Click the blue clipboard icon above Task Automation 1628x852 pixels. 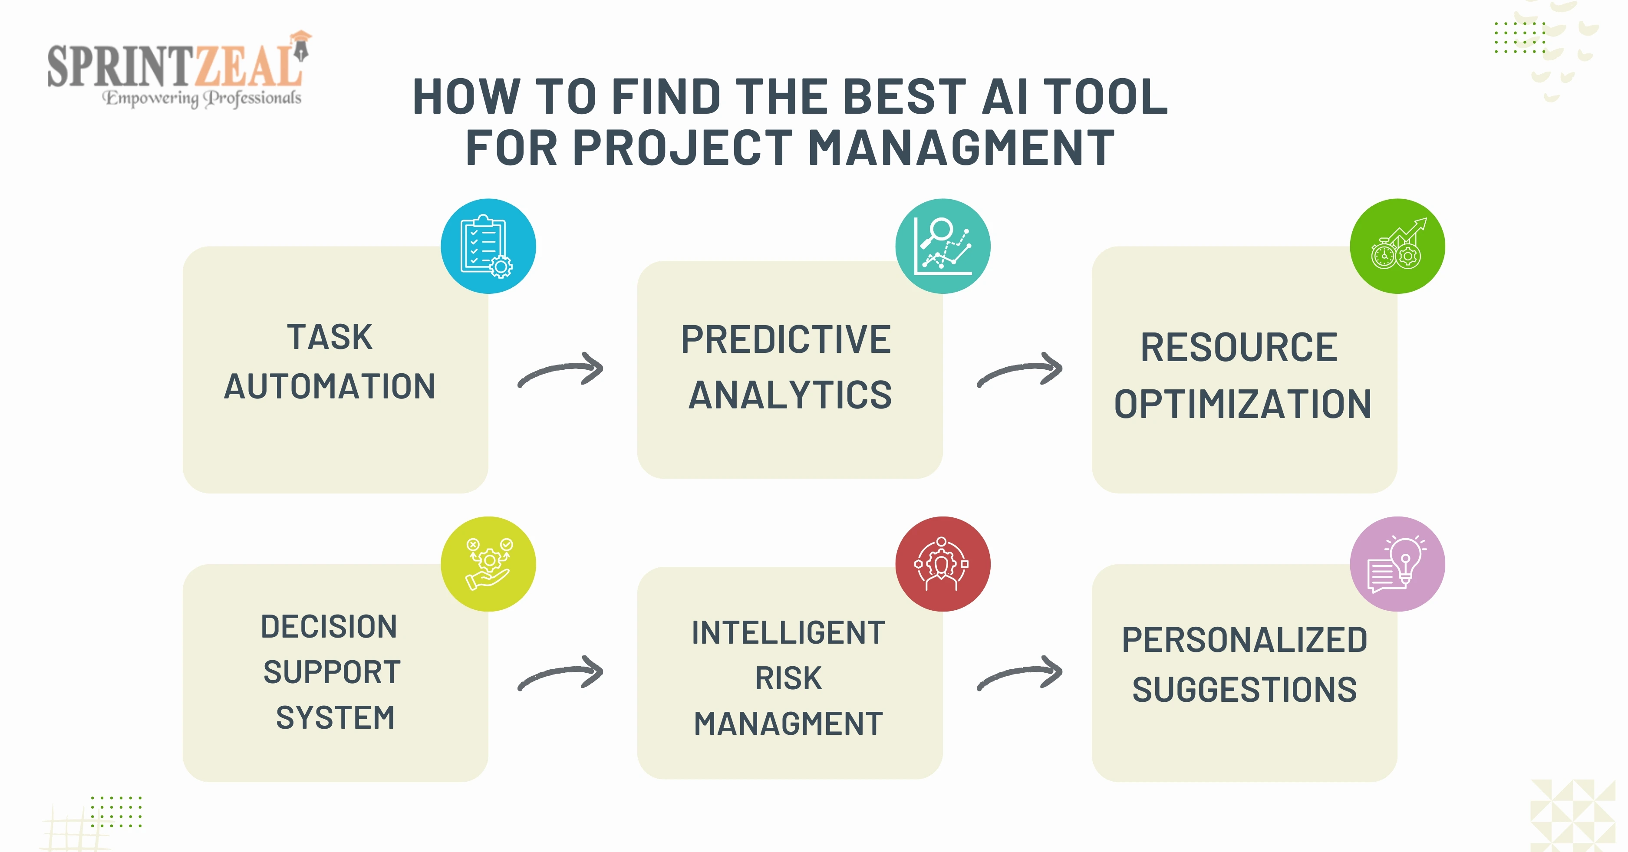click(x=488, y=246)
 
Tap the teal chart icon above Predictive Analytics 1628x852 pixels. click(x=943, y=246)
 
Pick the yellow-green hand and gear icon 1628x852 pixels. click(x=488, y=564)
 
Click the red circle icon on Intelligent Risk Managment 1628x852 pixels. click(x=943, y=564)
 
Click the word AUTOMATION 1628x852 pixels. click(x=330, y=386)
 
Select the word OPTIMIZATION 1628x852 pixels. click(x=1242, y=404)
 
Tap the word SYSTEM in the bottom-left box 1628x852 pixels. click(x=335, y=717)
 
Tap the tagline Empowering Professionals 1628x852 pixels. click(x=202, y=98)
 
